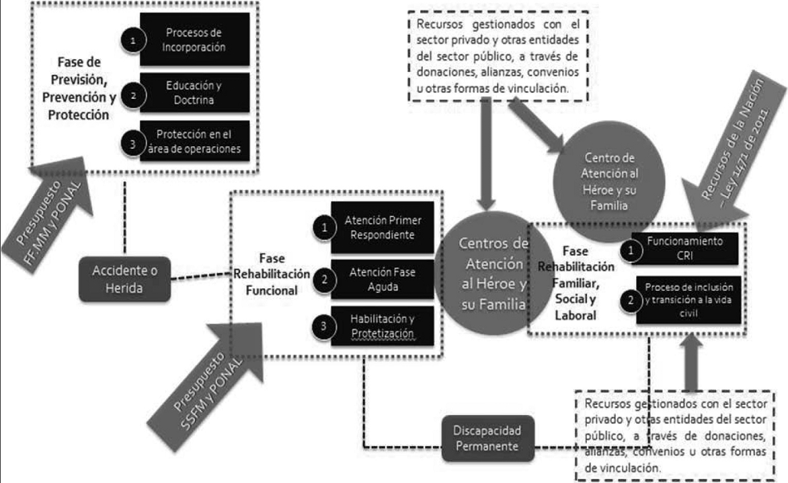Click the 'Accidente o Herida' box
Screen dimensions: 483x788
click(x=124, y=279)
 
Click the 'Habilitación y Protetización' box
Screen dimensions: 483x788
click(x=382, y=327)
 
